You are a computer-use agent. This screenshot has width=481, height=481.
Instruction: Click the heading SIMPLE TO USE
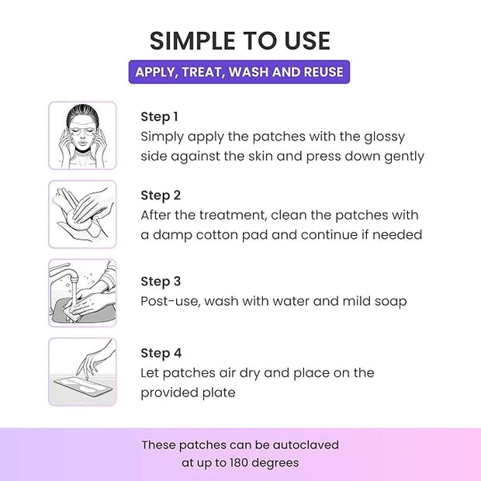(x=240, y=41)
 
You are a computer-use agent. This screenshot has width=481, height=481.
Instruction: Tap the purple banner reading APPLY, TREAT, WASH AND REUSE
(x=239, y=72)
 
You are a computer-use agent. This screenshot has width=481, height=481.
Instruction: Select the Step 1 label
(x=159, y=117)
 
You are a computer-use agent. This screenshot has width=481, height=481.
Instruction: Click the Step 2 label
(x=161, y=196)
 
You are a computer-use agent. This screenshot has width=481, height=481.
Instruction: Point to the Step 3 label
(x=161, y=282)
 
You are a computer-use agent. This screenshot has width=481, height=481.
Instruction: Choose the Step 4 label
(x=161, y=354)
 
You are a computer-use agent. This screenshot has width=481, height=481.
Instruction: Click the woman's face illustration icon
(x=82, y=136)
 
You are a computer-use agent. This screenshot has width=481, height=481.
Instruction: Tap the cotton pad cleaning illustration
(x=82, y=214)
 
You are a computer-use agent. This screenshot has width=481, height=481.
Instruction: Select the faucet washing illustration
(x=82, y=293)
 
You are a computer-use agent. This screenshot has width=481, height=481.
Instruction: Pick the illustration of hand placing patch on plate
(x=82, y=372)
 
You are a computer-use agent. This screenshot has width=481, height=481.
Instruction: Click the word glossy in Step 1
(x=385, y=137)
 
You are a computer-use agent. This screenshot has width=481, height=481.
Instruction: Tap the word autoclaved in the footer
(x=306, y=445)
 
